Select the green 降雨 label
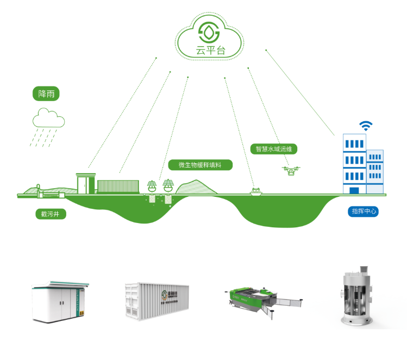(46, 94)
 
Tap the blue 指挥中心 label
(363, 211)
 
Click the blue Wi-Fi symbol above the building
(365, 127)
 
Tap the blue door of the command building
(354, 190)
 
